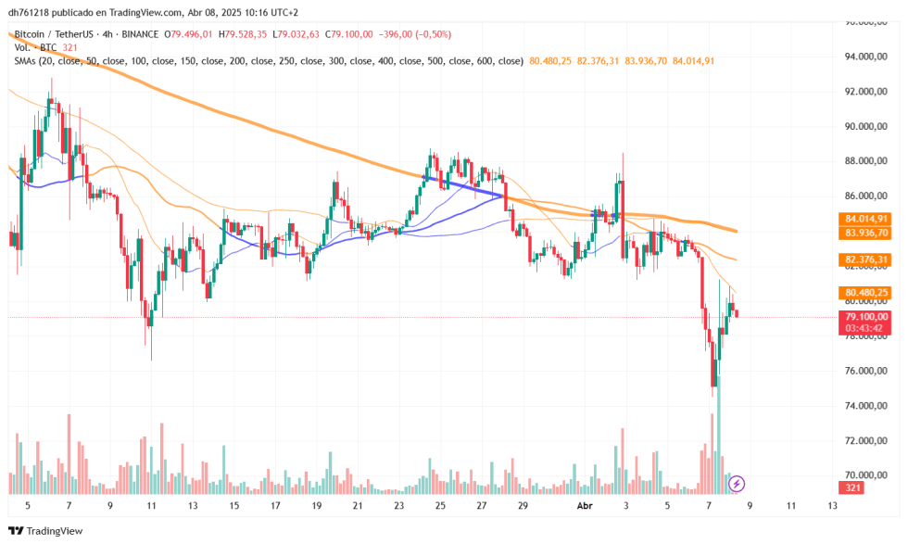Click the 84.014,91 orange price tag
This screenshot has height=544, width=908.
(867, 219)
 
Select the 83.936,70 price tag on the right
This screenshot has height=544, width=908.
(867, 233)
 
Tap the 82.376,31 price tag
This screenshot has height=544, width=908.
(867, 259)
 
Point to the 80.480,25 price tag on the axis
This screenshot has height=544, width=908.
(867, 293)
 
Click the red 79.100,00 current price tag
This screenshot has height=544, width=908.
(867, 317)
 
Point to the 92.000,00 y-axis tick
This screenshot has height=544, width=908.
(870, 92)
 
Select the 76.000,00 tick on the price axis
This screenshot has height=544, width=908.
(870, 371)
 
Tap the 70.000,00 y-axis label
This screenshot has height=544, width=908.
(870, 475)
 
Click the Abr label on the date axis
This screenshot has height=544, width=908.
(584, 506)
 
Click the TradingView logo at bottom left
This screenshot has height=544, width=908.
(45, 531)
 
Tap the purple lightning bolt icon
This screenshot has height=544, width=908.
(738, 483)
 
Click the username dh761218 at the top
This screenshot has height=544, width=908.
(33, 13)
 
